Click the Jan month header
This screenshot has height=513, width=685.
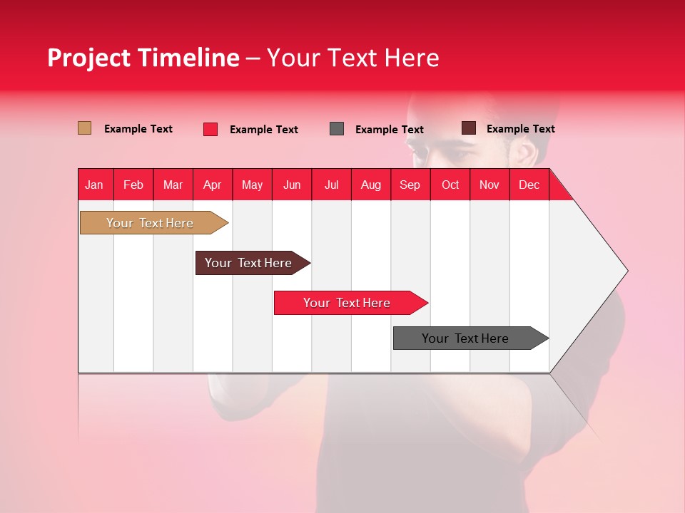pyautogui.click(x=94, y=185)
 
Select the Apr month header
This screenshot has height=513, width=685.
pyautogui.click(x=212, y=185)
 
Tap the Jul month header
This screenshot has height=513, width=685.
pyautogui.click(x=331, y=185)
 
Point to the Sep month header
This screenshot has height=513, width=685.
pyautogui.click(x=410, y=185)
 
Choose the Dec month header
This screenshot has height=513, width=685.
pyautogui.click(x=529, y=185)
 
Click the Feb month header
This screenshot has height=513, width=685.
pyautogui.click(x=133, y=185)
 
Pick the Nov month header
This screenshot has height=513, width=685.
pyautogui.click(x=489, y=185)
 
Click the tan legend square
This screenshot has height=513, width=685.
pyautogui.click(x=84, y=128)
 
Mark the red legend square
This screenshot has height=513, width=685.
pyautogui.click(x=210, y=129)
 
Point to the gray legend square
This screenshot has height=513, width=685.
pyautogui.click(x=337, y=129)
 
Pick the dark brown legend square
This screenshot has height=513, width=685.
pyautogui.click(x=468, y=128)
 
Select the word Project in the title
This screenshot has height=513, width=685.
pyautogui.click(x=89, y=58)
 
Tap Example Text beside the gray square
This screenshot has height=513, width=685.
pyautogui.click(x=389, y=130)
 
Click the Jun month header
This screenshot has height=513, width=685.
pyautogui.click(x=291, y=185)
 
